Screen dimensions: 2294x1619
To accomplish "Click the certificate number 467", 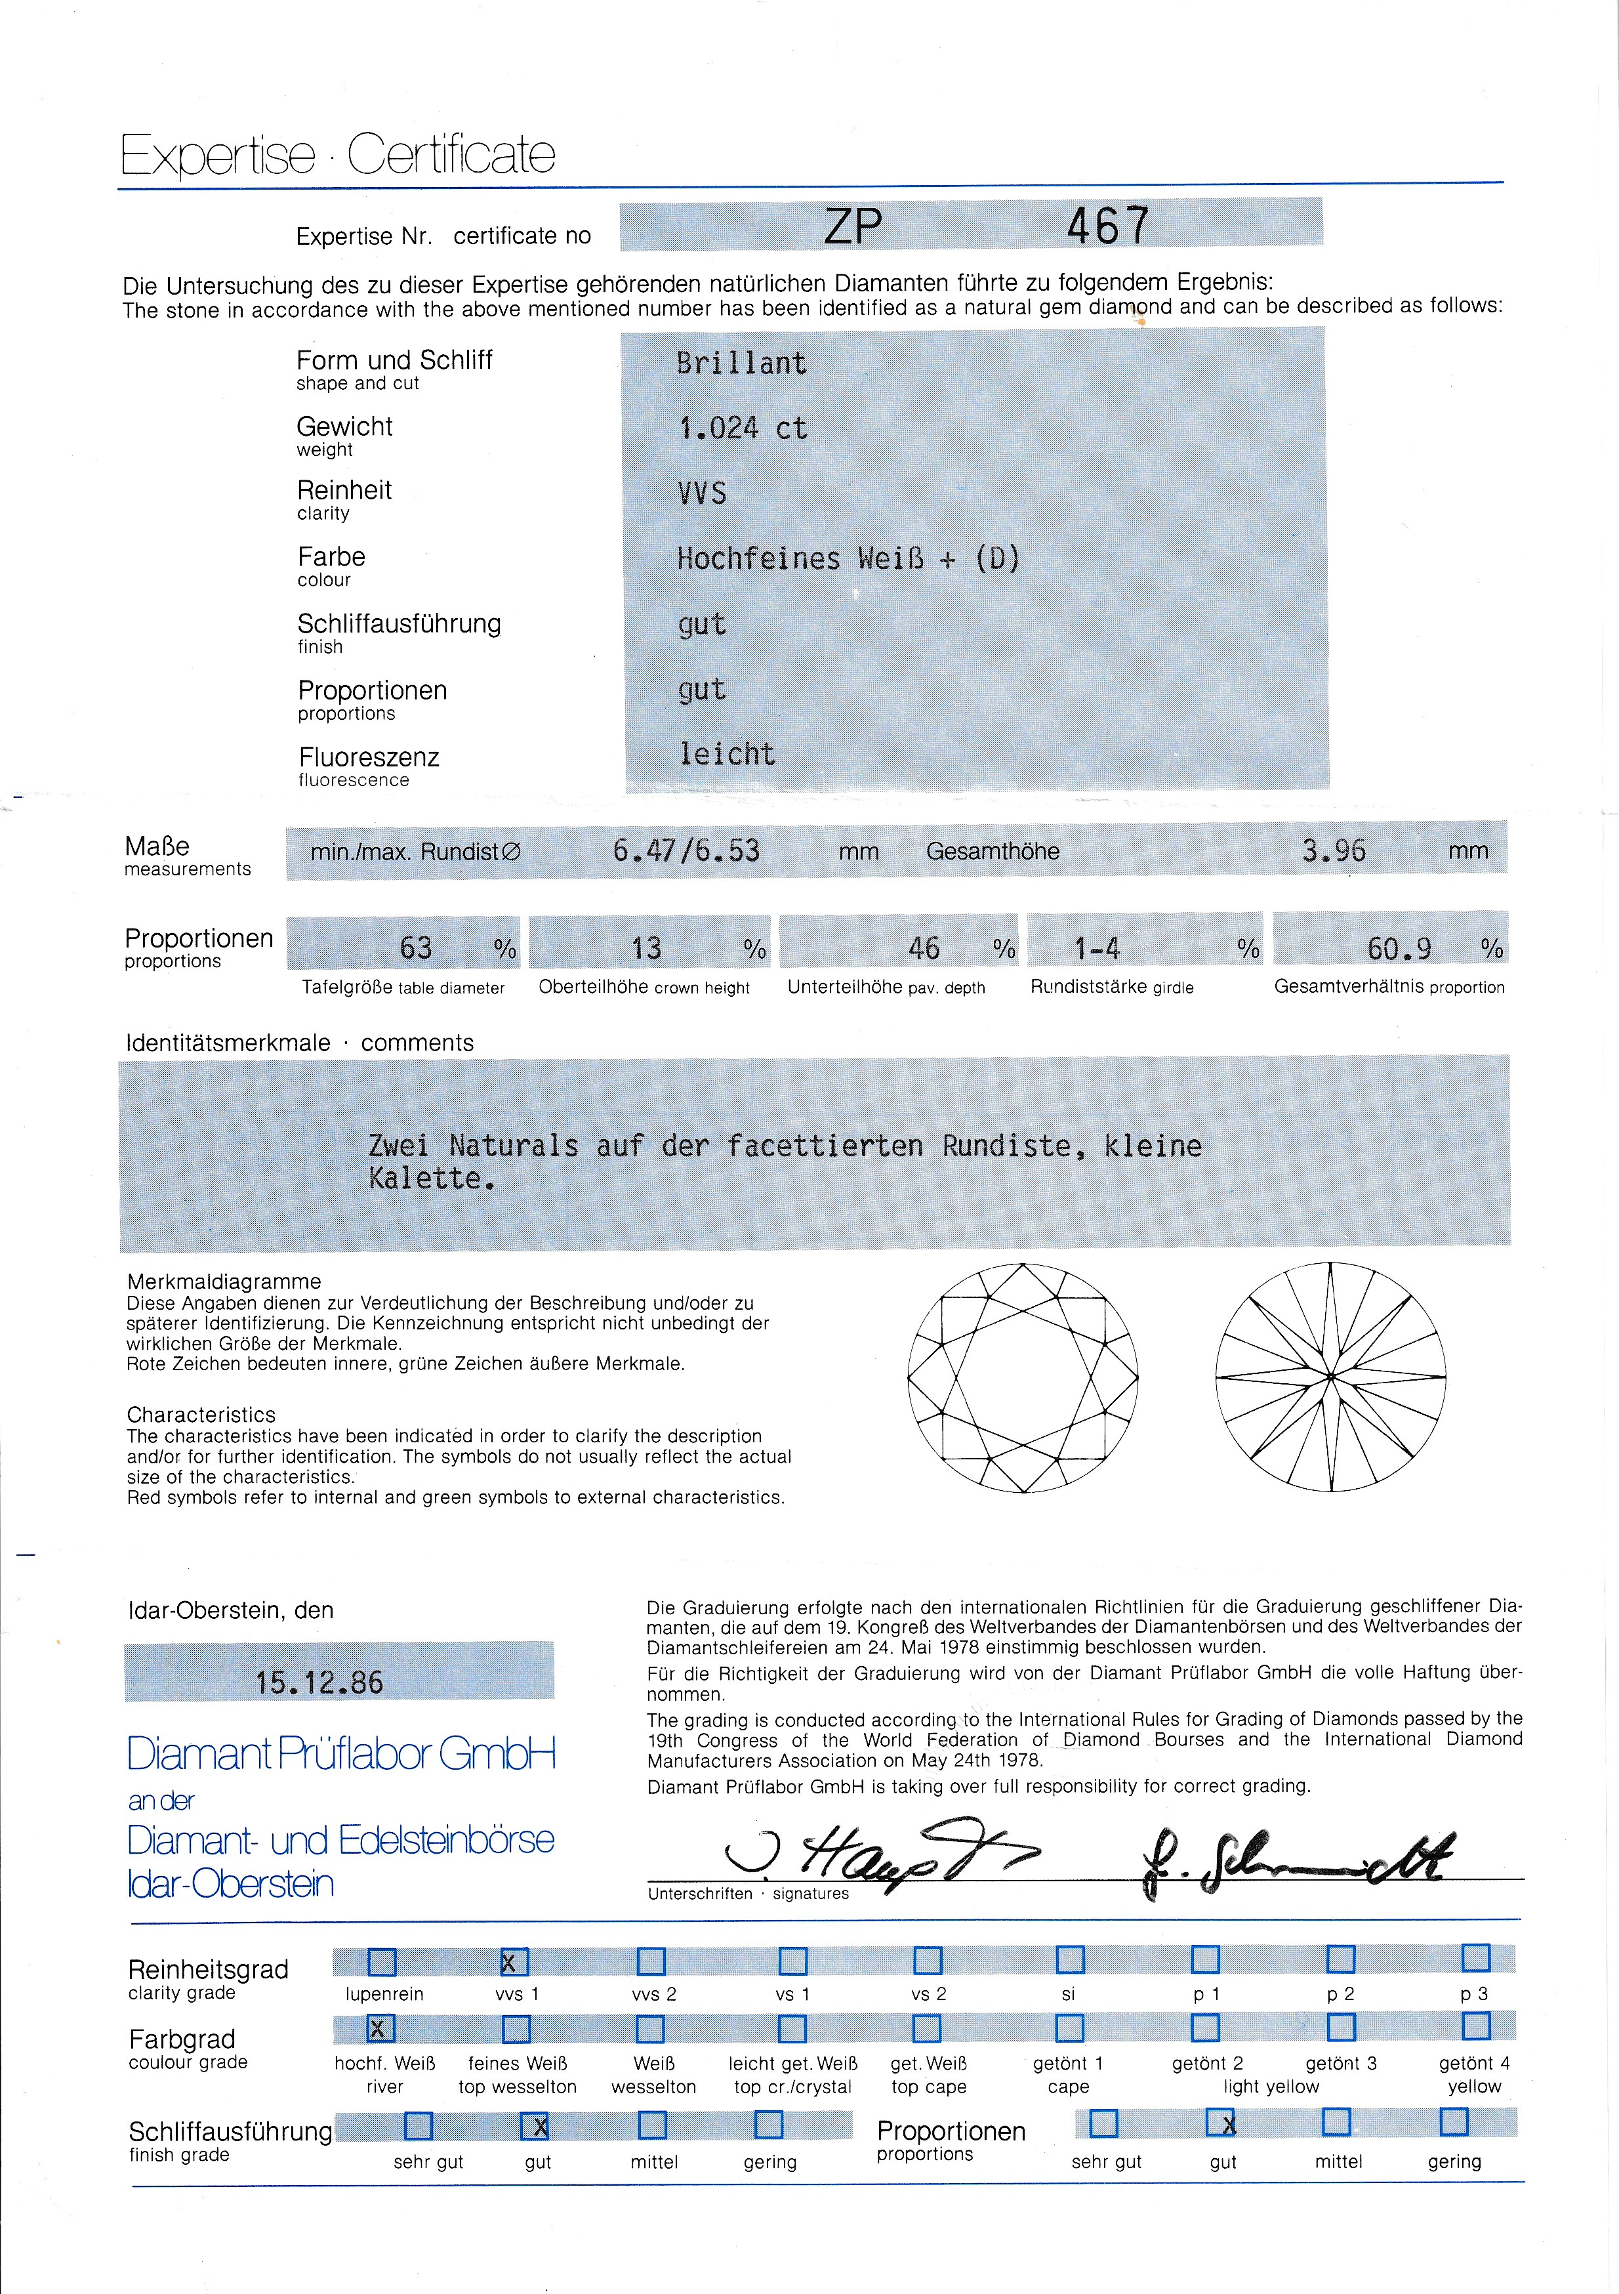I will point(1107,226).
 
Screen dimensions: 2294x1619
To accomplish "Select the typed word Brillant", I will point(741,363).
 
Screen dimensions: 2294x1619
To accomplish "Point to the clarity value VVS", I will point(702,493).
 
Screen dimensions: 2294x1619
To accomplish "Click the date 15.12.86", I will point(319,1682).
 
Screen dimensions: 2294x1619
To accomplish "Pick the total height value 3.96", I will point(1334,850).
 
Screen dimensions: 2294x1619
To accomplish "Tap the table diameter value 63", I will point(415,947).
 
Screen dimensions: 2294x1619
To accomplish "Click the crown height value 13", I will point(646,947).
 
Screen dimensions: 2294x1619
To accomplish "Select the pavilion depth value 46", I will point(924,947).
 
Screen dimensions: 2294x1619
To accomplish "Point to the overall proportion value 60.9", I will point(1399,947).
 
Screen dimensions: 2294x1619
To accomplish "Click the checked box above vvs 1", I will point(514,1961).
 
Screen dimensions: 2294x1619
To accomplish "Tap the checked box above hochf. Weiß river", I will point(380,2028).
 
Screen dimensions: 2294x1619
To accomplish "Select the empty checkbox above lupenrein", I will point(382,1961).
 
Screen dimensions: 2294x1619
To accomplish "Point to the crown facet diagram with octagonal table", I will point(1023,1379).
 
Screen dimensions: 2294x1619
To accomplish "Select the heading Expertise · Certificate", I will point(338,155).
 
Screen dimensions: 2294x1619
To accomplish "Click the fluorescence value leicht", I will point(727,755).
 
